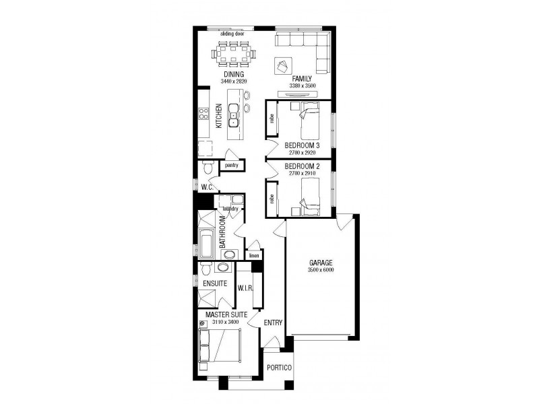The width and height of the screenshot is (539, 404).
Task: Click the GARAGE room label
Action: point(321,263)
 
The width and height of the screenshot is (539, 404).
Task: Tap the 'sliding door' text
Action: point(231,33)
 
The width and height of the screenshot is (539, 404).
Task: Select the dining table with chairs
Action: point(234,53)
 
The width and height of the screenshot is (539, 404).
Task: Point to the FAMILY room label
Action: point(301,79)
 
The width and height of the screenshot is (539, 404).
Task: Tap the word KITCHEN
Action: point(219,116)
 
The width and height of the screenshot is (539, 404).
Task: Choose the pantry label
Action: point(232,165)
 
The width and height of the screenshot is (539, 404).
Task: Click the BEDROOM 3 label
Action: point(301,145)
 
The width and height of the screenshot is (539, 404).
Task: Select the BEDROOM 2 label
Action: point(301,166)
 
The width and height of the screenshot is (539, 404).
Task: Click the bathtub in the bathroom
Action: point(206,243)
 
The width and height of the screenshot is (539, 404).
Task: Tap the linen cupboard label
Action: point(254,256)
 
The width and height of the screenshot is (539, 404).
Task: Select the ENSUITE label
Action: point(215,283)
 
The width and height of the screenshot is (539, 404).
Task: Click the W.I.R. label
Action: point(245,288)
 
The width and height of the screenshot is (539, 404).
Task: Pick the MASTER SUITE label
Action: point(226,314)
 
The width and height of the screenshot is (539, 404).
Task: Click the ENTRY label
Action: point(273,323)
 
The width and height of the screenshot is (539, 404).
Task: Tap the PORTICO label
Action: point(279,368)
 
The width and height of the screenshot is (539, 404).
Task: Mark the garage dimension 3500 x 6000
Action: point(321,270)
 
